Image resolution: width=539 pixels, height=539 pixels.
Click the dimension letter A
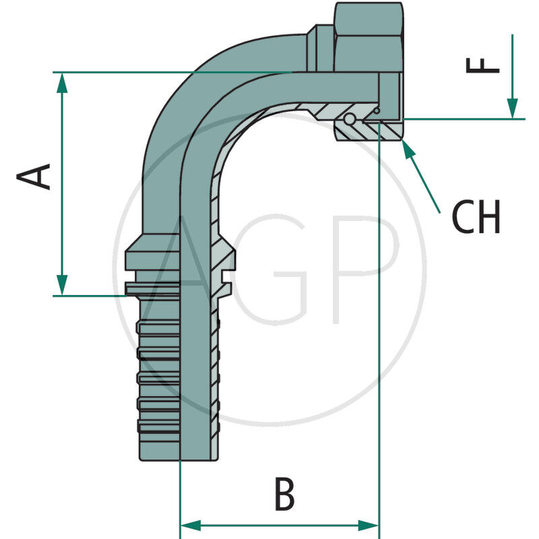(x=34, y=177)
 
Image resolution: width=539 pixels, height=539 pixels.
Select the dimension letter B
(x=284, y=495)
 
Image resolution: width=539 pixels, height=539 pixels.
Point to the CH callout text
(x=476, y=217)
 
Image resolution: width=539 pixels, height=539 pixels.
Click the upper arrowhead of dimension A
(x=62, y=82)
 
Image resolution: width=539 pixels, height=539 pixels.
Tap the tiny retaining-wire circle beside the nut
(x=377, y=110)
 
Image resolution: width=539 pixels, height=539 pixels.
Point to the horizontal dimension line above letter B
(x=280, y=525)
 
